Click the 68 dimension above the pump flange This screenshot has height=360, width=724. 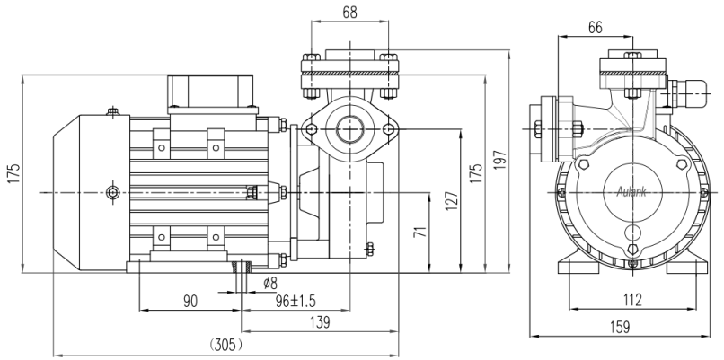coord(350,12)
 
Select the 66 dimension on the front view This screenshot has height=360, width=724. coord(595,27)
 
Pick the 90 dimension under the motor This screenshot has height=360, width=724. coord(190,302)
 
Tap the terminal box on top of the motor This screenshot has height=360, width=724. coord(208,92)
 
